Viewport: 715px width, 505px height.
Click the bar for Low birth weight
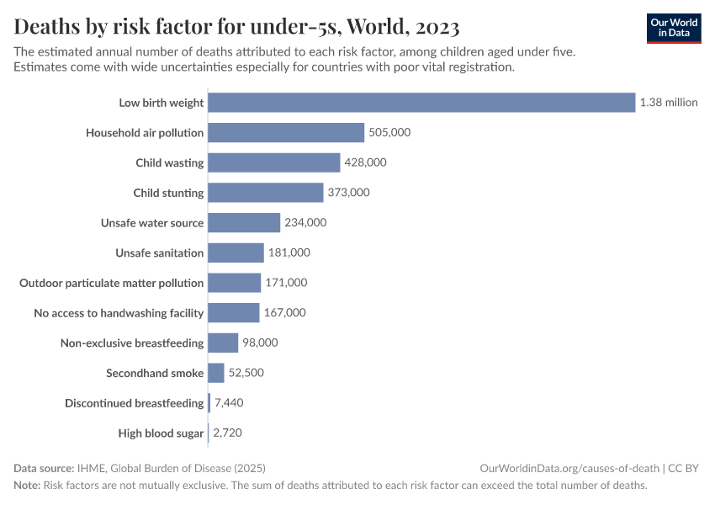pyautogui.click(x=421, y=103)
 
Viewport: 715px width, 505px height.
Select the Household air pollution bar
pyautogui.click(x=286, y=133)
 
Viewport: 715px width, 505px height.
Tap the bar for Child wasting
pyautogui.click(x=273, y=162)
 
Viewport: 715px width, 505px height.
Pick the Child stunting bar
pyautogui.click(x=265, y=193)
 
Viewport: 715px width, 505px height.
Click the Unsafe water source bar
pyautogui.click(x=244, y=223)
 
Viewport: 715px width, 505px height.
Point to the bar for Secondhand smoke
pyautogui.click(x=216, y=373)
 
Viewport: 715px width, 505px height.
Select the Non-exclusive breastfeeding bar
pyautogui.click(x=223, y=343)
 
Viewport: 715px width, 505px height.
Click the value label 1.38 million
pyautogui.click(x=669, y=103)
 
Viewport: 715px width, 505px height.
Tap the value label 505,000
pyautogui.click(x=389, y=133)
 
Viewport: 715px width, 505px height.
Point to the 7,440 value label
pyautogui.click(x=229, y=403)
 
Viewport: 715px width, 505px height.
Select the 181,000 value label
pyautogui.click(x=289, y=252)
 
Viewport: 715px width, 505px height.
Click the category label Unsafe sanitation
pyautogui.click(x=160, y=252)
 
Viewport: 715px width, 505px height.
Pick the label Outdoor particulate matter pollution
pyautogui.click(x=112, y=283)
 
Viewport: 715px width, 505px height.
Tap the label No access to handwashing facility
pyautogui.click(x=119, y=313)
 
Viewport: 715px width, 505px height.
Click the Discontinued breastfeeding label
pyautogui.click(x=135, y=403)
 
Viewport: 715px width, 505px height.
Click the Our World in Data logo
pyautogui.click(x=673, y=28)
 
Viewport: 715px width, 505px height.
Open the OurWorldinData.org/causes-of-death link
pyautogui.click(x=569, y=468)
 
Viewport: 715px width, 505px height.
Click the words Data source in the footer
pyautogui.click(x=44, y=468)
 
